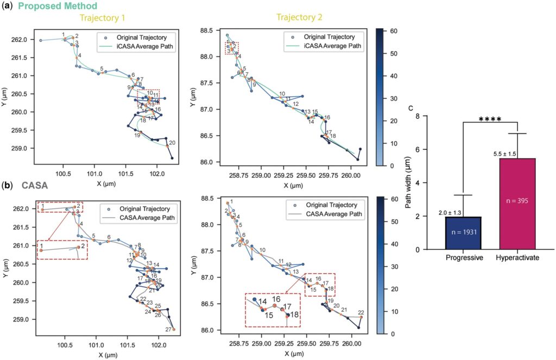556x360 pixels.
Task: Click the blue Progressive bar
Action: tap(463, 233)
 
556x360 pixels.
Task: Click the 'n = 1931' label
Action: tap(463, 233)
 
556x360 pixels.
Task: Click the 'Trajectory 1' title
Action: tap(102, 18)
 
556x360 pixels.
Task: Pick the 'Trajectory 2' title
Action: tap(299, 18)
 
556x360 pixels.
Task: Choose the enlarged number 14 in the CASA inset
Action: tap(262, 301)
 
